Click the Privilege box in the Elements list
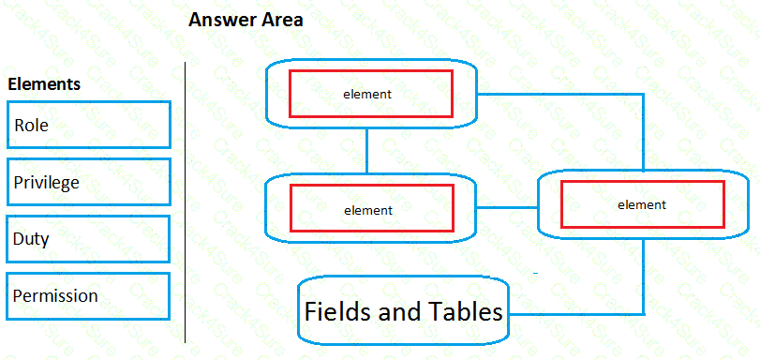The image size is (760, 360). click(88, 182)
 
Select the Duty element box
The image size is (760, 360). click(88, 239)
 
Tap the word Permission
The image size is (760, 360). click(55, 296)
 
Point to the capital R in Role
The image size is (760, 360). click(19, 126)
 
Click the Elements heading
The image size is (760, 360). click(44, 84)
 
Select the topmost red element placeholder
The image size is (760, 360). click(370, 94)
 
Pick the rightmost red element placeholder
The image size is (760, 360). click(642, 204)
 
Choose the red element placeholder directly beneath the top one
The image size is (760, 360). click(371, 210)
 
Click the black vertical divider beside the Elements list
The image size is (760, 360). click(186, 202)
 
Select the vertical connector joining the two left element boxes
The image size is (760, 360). click(367, 150)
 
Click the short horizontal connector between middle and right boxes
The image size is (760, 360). click(507, 207)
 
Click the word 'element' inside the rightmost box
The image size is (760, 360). click(642, 204)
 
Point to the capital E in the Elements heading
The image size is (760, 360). click(12, 84)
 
